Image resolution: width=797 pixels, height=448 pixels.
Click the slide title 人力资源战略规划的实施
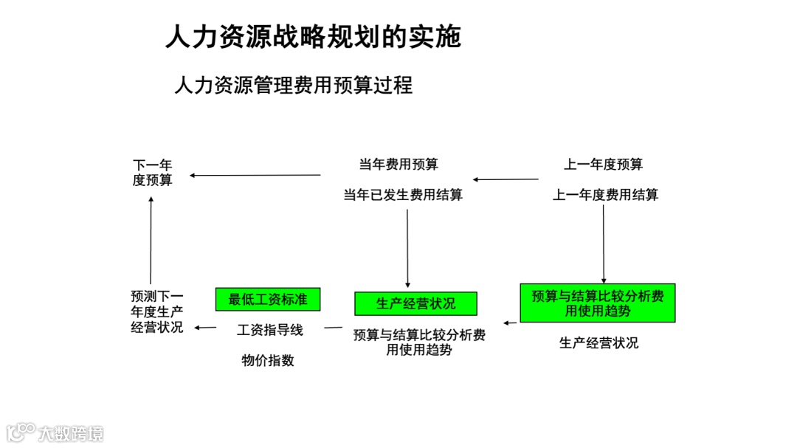coord(313,36)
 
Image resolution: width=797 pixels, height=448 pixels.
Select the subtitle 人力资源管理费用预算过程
coord(293,86)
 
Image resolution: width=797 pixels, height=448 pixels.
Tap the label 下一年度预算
coord(152,172)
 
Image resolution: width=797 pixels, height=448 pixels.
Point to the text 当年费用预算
coord(398,164)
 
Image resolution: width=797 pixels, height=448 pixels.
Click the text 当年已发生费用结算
coord(403,195)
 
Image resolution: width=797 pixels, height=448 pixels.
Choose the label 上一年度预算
coord(603,164)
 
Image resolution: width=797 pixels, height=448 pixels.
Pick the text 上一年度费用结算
coord(606,195)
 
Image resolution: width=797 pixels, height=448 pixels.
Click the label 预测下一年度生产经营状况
coord(156,311)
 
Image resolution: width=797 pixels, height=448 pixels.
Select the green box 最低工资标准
coord(268,299)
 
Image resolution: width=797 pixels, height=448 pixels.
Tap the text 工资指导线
coord(269,330)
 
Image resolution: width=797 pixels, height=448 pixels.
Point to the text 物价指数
coord(268,360)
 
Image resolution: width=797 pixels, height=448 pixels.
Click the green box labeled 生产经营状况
coord(415,303)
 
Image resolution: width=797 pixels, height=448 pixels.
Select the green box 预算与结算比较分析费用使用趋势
coord(597,303)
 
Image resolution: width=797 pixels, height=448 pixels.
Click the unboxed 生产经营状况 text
coord(598,342)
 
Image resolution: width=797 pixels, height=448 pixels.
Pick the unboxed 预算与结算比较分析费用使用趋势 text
coord(419,342)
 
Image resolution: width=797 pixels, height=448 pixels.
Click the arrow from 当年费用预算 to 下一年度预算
coord(255,175)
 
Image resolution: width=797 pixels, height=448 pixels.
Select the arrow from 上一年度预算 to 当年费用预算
coord(506,179)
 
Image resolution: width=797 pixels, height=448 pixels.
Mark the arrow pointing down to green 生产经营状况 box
coord(407,247)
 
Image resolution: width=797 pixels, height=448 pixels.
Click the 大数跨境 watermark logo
coord(55,432)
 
